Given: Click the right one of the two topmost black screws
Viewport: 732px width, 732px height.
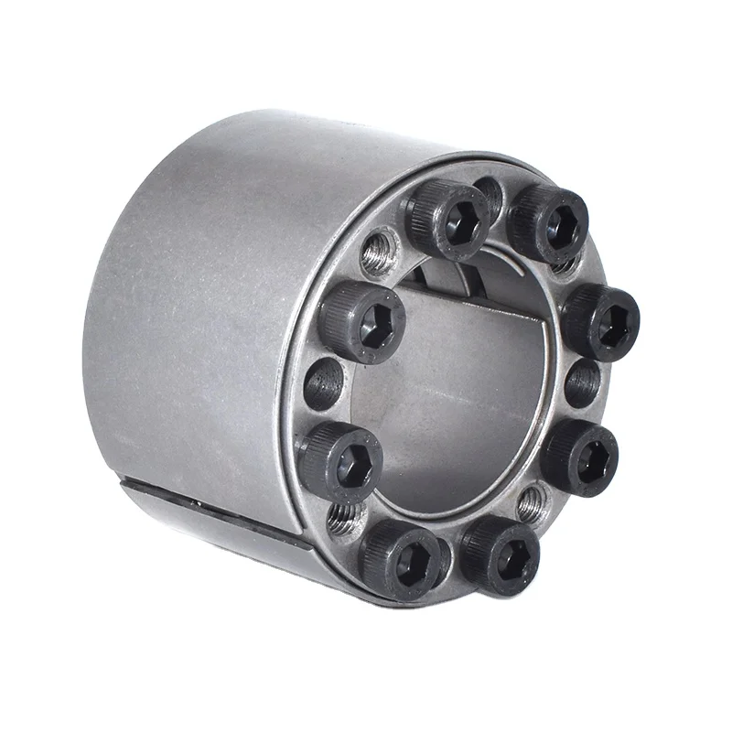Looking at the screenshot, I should click(548, 223).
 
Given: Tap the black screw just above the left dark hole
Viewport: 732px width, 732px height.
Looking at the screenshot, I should click(362, 321).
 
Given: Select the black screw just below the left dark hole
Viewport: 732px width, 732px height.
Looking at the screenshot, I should click(340, 461).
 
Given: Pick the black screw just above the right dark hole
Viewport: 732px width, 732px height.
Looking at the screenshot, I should click(600, 321).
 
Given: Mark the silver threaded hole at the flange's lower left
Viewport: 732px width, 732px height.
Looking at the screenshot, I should click(346, 519).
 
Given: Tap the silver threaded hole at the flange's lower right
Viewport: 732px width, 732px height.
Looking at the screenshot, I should click(532, 502).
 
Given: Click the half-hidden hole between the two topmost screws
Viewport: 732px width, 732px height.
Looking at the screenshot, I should click(490, 196).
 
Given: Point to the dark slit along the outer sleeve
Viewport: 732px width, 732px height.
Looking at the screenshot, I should click(220, 512).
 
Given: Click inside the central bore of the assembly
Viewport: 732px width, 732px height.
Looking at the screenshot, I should click(457, 393).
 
